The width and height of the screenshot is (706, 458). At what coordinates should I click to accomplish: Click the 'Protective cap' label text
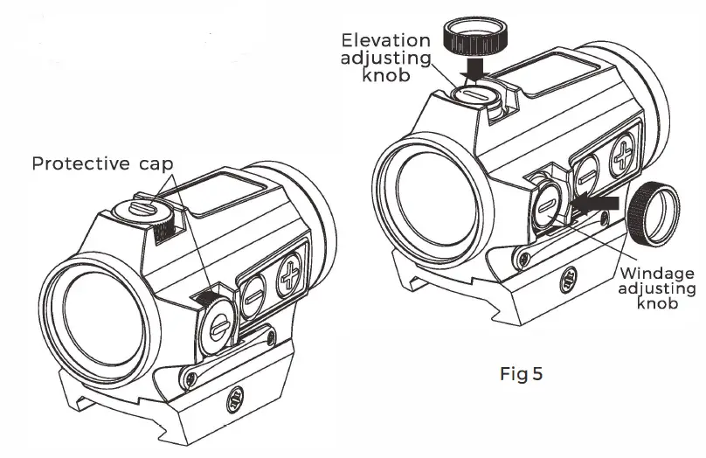(x=103, y=163)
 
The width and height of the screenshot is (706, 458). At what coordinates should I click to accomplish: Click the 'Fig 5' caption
(x=521, y=374)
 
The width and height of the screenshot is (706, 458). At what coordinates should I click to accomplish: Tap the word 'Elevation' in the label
(x=385, y=40)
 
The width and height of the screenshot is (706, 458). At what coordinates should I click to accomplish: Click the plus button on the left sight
(x=293, y=278)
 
